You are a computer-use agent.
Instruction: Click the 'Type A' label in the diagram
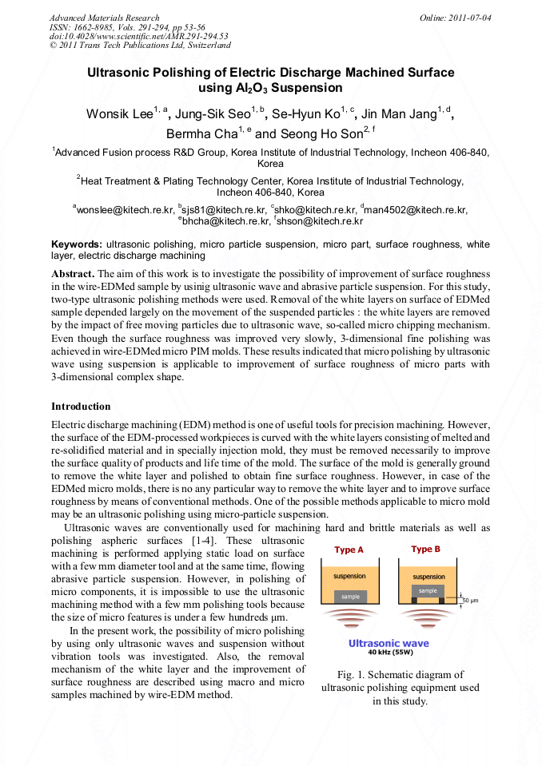[x=349, y=550]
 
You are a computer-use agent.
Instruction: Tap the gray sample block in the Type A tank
[x=350, y=597]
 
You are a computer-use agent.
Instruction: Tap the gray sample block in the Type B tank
[x=428, y=591]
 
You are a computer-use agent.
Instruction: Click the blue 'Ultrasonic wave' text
[x=389, y=643]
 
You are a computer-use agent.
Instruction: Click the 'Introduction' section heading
[x=81, y=407]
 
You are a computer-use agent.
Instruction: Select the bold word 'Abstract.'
[x=74, y=273]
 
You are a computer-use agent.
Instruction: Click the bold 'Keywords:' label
[x=77, y=244]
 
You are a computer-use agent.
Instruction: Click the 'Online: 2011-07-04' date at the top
[x=456, y=18]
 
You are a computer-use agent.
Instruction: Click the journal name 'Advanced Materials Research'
[x=104, y=18]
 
